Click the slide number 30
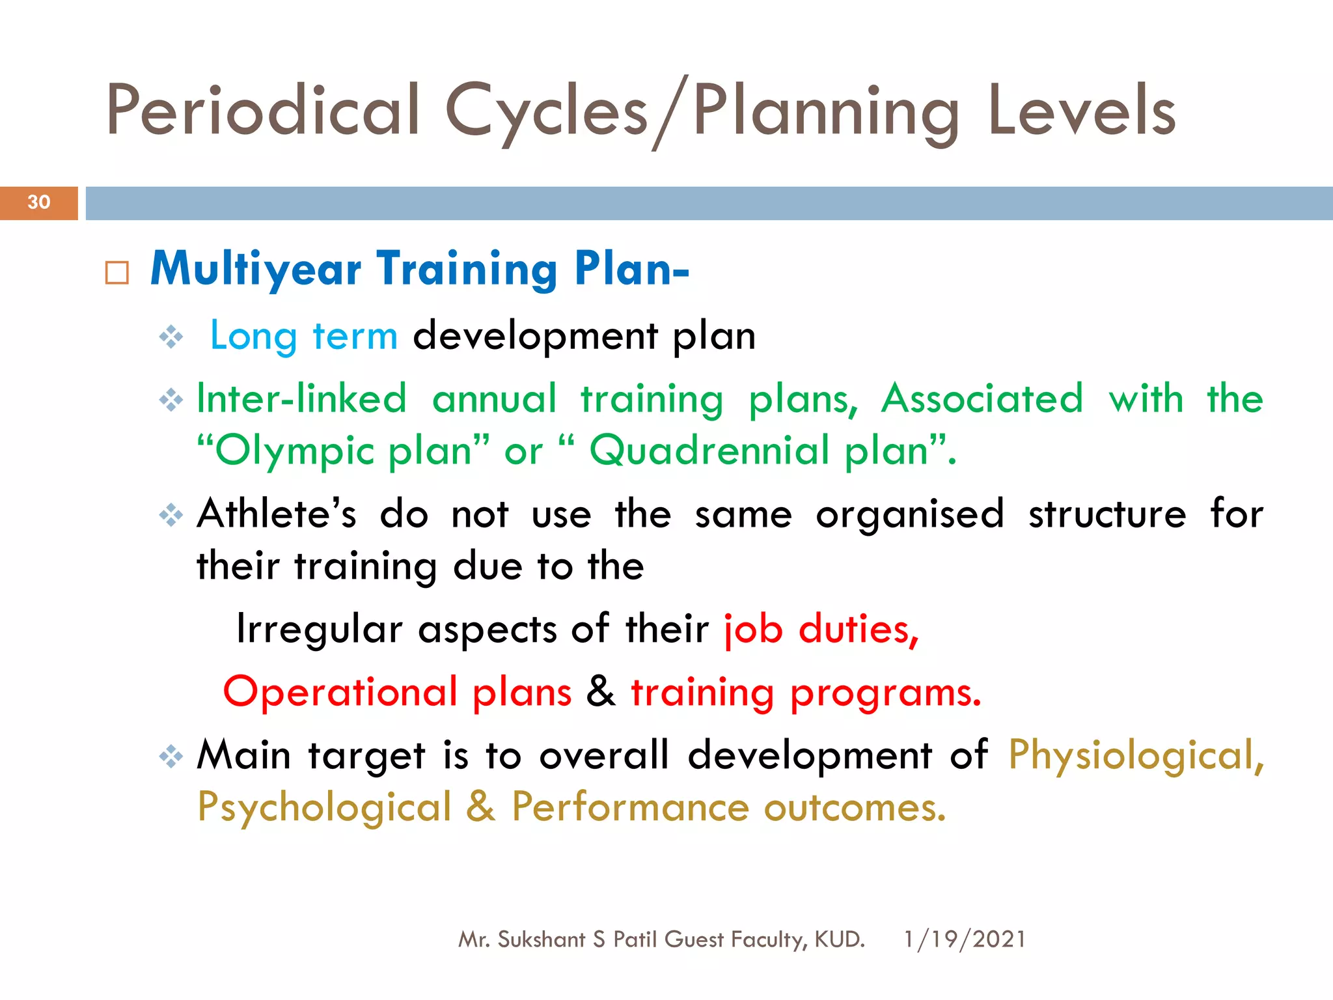tap(39, 202)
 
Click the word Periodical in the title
tap(263, 111)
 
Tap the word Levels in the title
tap(1081, 111)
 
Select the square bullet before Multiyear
tap(117, 273)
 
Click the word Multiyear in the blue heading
tap(256, 269)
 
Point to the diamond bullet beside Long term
tap(171, 337)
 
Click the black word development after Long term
tap(535, 337)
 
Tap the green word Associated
tap(982, 398)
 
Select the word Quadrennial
tap(709, 451)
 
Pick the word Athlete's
tap(277, 514)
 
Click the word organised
tap(909, 514)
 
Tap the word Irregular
tap(319, 630)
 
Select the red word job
tap(753, 630)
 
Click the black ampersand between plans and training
tap(600, 691)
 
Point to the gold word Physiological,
tap(1136, 755)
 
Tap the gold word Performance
tap(629, 807)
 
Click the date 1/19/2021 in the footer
tap(965, 939)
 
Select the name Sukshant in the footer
tap(541, 939)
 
